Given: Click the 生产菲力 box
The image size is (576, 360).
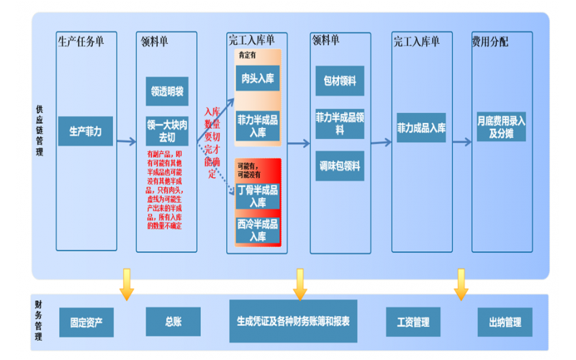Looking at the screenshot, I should pos(86,131).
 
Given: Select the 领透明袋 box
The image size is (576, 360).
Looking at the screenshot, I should pos(167,91).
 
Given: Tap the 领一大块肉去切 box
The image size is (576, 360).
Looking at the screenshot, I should pos(167,130).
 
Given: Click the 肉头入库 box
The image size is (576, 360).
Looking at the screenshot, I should pos(258,78).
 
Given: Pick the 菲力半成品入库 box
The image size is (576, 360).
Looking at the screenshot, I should pos(258,125).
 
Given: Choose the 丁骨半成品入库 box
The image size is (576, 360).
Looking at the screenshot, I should pos(258,195).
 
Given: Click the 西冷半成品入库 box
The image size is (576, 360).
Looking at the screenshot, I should pos(258,229).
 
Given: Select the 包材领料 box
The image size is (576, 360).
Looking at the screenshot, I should pos(340,81).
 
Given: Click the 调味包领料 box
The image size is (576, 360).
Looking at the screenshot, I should pos(340,166).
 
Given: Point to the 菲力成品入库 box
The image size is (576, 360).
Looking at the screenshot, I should pos(421,127).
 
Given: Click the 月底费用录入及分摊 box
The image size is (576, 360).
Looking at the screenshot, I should pos(501,127).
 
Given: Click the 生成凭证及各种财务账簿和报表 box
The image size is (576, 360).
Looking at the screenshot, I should pos(293,321).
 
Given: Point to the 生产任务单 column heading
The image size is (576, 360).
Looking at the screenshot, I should pos(81,42).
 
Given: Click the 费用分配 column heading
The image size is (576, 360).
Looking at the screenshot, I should pos(490,42).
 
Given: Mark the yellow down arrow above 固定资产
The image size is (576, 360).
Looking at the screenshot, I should pos(127,284).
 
